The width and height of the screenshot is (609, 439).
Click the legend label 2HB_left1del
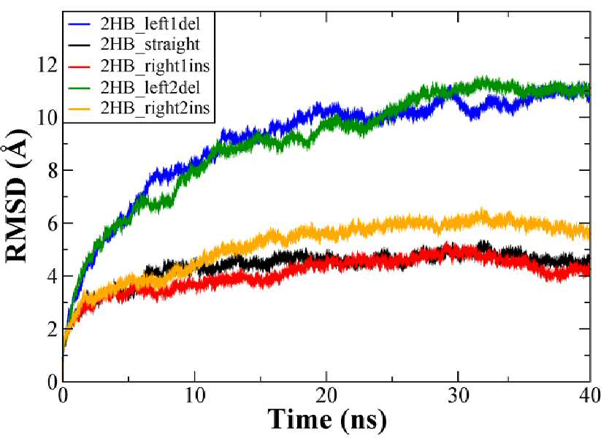[150, 24]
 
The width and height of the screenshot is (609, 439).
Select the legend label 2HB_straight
[150, 45]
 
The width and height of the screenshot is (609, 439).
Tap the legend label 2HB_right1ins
[155, 66]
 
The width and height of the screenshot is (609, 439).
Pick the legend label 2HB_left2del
[150, 87]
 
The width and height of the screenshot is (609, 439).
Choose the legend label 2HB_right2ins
[155, 108]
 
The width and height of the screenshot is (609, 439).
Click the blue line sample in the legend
[80, 24]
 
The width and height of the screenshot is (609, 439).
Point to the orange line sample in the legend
[80, 108]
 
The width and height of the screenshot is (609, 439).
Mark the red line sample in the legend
[80, 66]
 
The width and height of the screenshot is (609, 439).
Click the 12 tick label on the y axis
[47, 64]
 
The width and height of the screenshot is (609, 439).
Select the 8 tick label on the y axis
[53, 170]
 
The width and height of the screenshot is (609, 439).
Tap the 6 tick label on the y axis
[53, 223]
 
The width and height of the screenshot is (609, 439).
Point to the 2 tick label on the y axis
[53, 329]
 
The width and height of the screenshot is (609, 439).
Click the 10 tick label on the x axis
[194, 396]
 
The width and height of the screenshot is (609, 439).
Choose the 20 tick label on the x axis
[326, 396]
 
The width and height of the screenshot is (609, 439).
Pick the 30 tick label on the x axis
[459, 396]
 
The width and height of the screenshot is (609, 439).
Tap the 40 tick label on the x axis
[590, 396]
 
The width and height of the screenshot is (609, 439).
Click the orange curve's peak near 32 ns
[482, 210]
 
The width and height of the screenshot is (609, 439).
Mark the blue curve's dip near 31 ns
[472, 117]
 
